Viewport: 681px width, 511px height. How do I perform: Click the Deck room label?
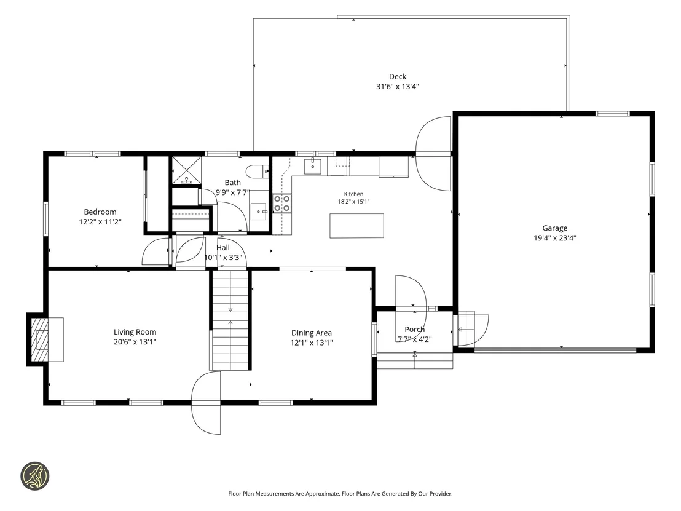pyautogui.click(x=398, y=77)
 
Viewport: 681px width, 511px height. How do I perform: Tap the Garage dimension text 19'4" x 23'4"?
pyautogui.click(x=554, y=238)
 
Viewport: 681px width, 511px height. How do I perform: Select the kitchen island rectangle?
pyautogui.click(x=356, y=226)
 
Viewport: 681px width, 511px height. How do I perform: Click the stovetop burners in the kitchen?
pyautogui.click(x=282, y=204)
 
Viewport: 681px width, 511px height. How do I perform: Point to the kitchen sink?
pyautogui.click(x=313, y=166)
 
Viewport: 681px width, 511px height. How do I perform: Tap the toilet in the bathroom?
pyautogui.click(x=257, y=172)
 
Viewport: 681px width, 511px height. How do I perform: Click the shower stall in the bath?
pyautogui.click(x=187, y=171)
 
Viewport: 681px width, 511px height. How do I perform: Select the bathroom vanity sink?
pyautogui.click(x=259, y=212)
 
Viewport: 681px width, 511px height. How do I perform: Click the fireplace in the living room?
pyautogui.click(x=45, y=339)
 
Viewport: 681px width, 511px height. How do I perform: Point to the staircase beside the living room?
pyautogui.click(x=230, y=320)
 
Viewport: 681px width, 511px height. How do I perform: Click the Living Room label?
pyautogui.click(x=135, y=332)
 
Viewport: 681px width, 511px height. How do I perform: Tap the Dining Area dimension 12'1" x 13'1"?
pyautogui.click(x=312, y=343)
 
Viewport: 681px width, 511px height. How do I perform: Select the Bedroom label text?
pyautogui.click(x=100, y=212)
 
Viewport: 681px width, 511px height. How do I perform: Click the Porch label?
pyautogui.click(x=415, y=330)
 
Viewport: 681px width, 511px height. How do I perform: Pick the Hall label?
pyautogui.click(x=223, y=247)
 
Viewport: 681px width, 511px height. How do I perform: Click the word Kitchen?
pyautogui.click(x=353, y=194)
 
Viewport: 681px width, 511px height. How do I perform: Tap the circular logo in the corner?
pyautogui.click(x=35, y=476)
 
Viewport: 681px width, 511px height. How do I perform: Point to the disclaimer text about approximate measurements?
pyautogui.click(x=340, y=494)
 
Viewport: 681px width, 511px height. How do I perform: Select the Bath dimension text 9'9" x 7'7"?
pyautogui.click(x=232, y=192)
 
